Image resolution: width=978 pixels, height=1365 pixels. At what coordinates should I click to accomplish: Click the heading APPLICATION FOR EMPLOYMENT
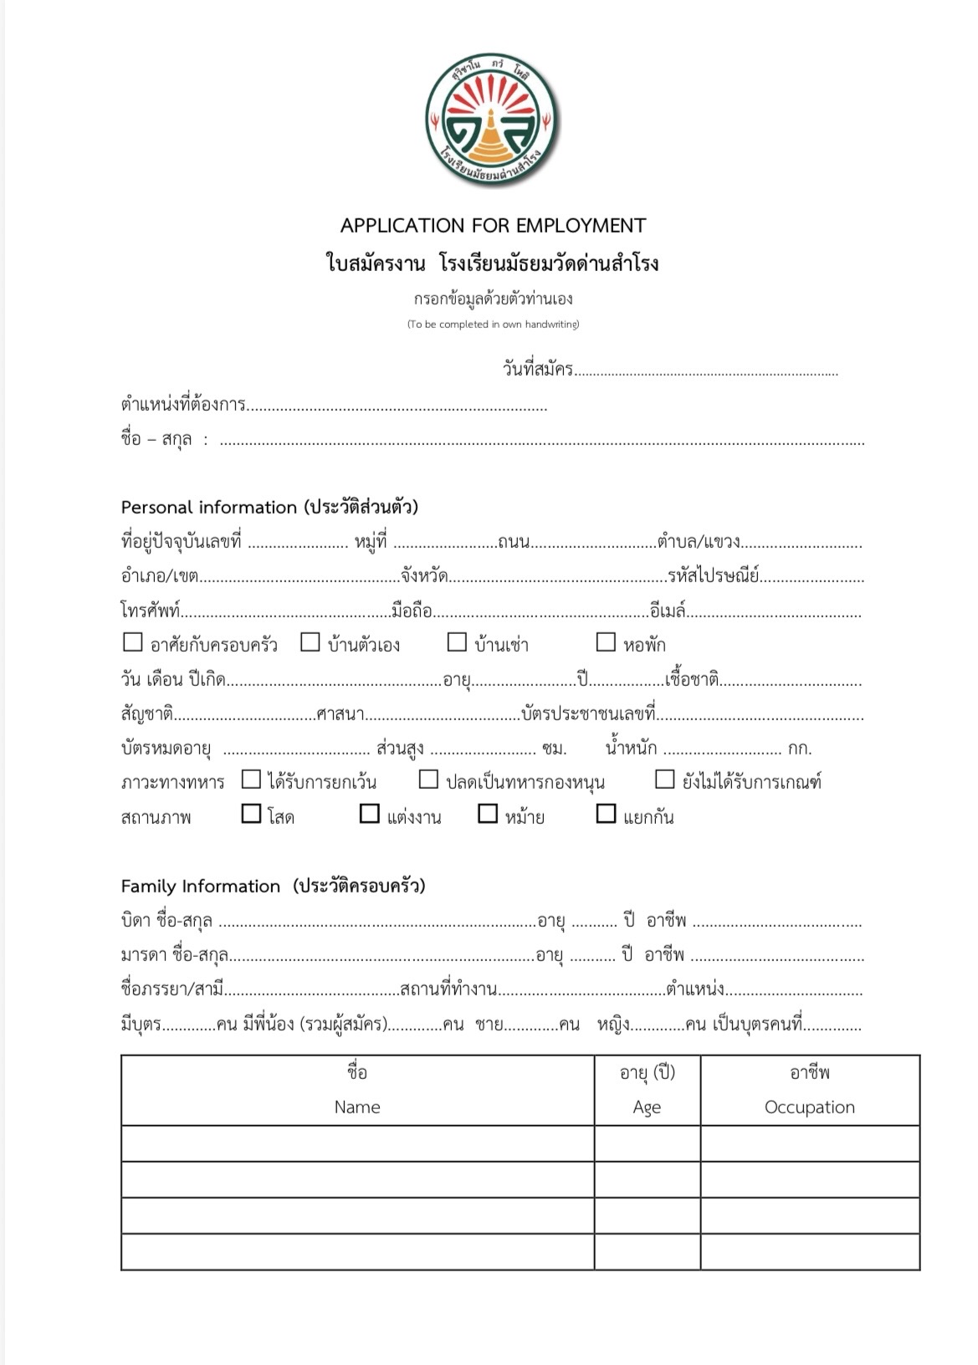click(493, 225)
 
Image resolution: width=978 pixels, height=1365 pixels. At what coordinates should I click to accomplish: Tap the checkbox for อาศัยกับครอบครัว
click(132, 642)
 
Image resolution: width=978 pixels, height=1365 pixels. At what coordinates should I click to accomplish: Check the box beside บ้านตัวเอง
click(310, 642)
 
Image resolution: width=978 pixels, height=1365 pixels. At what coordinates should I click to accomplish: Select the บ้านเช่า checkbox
click(457, 642)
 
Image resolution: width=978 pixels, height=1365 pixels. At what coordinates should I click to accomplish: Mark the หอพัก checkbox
click(606, 642)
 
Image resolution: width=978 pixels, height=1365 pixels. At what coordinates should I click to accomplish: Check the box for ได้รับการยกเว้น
click(251, 780)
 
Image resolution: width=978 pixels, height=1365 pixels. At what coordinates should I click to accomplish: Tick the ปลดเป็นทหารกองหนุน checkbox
click(428, 780)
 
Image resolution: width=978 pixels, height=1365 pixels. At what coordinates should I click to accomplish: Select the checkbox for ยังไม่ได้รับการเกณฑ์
click(664, 780)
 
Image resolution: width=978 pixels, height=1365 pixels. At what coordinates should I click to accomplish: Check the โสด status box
click(251, 814)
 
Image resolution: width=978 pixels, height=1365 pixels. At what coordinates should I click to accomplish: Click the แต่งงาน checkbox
click(369, 814)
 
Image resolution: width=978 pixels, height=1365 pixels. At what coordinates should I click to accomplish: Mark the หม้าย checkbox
click(488, 814)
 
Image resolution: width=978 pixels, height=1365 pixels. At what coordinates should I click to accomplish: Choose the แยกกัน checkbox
click(606, 814)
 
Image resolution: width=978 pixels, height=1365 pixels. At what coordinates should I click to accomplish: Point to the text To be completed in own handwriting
click(493, 325)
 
